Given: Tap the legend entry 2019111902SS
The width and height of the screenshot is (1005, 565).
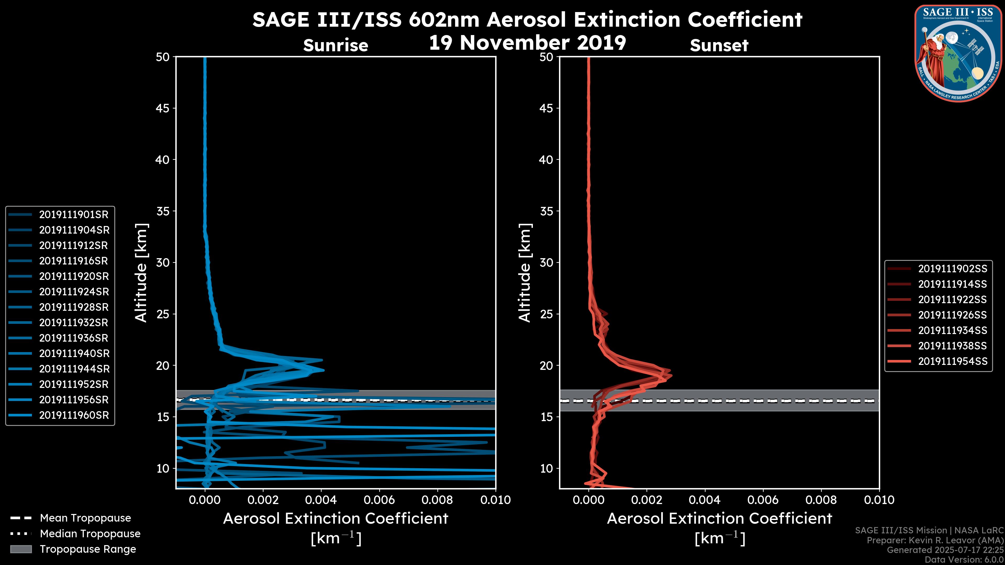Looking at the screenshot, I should (952, 269).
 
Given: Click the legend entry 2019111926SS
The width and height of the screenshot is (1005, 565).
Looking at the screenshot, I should (952, 315).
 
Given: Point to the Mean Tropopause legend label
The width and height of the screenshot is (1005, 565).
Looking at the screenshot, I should (85, 518).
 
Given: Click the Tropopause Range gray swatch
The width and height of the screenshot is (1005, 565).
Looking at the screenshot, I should (21, 549).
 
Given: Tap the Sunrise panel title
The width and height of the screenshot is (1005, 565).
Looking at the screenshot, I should (336, 46).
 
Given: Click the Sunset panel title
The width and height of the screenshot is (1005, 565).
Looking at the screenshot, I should (719, 46).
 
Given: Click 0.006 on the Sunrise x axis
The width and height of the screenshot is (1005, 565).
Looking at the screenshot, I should (379, 500).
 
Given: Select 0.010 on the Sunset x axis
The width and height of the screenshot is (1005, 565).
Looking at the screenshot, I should (879, 500).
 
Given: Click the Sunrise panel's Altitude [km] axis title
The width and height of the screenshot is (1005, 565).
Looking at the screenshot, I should (141, 273).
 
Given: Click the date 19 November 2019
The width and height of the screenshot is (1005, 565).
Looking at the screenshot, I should (527, 43).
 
